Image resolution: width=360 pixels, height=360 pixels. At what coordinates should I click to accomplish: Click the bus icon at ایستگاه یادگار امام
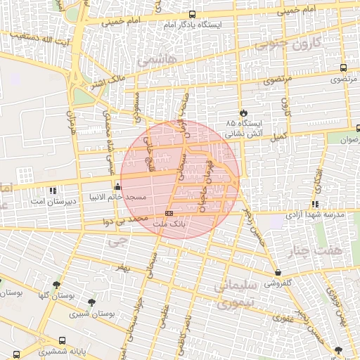193,15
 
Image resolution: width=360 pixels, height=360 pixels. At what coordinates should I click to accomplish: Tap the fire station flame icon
243,112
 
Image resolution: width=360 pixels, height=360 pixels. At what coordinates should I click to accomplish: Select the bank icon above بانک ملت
169,212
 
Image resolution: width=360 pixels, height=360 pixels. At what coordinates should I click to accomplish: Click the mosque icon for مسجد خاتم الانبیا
117,186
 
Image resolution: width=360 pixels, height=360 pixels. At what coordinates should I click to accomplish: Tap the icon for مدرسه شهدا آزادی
315,204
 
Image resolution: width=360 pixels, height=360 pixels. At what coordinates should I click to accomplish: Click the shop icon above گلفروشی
278,273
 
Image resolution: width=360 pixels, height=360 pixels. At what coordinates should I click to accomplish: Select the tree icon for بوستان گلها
56,285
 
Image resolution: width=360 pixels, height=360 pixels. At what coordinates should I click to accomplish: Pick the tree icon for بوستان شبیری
91,302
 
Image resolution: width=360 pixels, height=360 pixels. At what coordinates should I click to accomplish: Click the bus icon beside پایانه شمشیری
16,354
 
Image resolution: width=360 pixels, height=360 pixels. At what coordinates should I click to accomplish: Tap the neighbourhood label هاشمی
154,60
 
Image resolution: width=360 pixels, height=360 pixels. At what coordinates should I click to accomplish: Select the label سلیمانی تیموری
225,296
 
